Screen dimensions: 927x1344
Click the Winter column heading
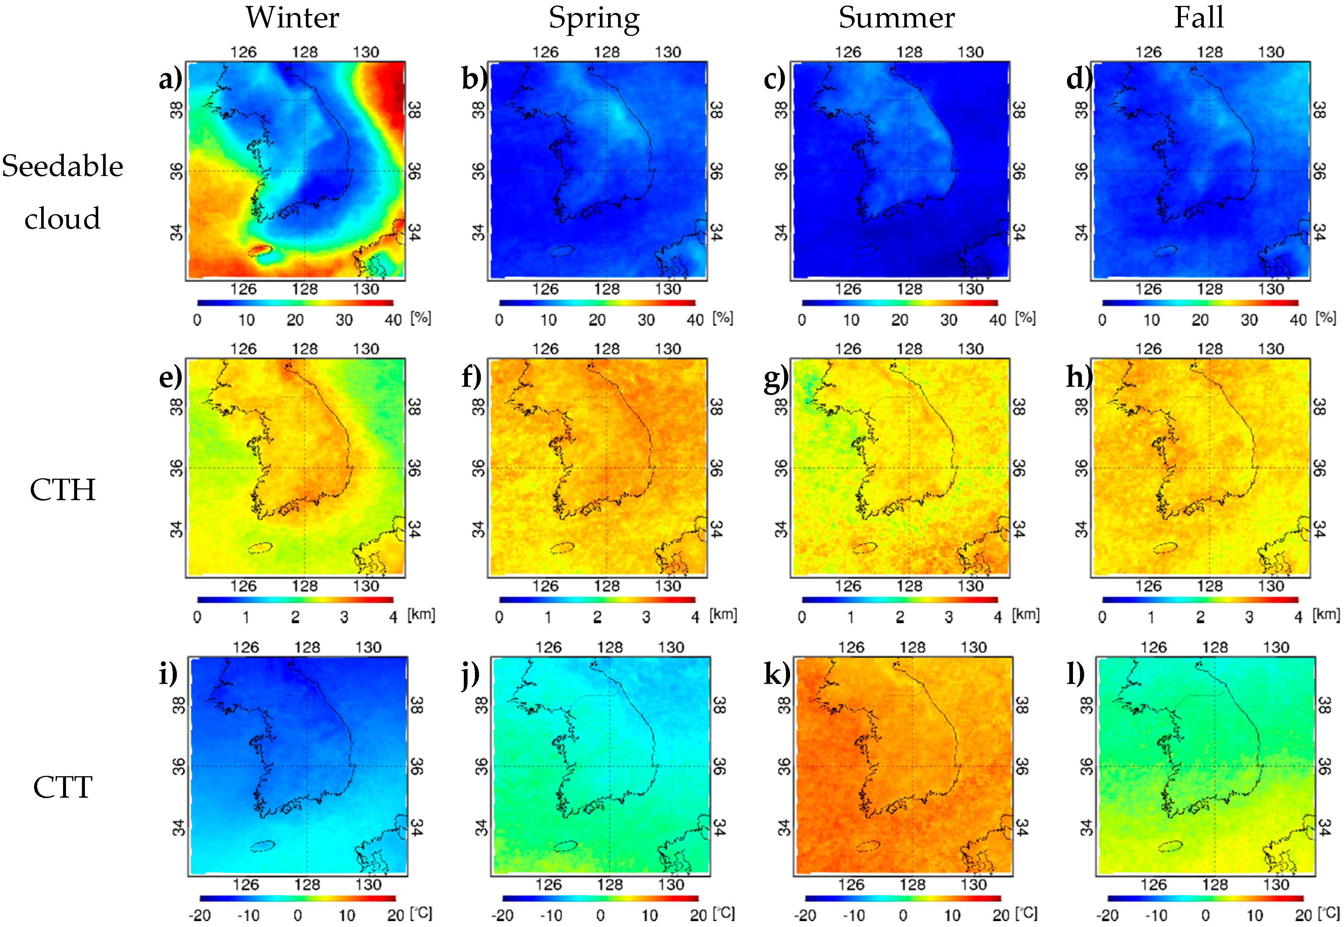292,17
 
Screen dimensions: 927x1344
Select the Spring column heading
594,19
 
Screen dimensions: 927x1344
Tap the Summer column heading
896,17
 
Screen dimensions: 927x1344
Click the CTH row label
62,490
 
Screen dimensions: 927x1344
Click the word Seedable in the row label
62,166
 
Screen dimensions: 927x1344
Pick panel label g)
776,376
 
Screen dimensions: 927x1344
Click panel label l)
1076,674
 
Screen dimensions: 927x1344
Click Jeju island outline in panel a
260,250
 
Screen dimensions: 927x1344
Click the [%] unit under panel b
723,318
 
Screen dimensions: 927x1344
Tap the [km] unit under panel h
1326,615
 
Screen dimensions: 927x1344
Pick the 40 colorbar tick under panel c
998,320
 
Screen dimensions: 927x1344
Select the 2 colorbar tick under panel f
597,617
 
